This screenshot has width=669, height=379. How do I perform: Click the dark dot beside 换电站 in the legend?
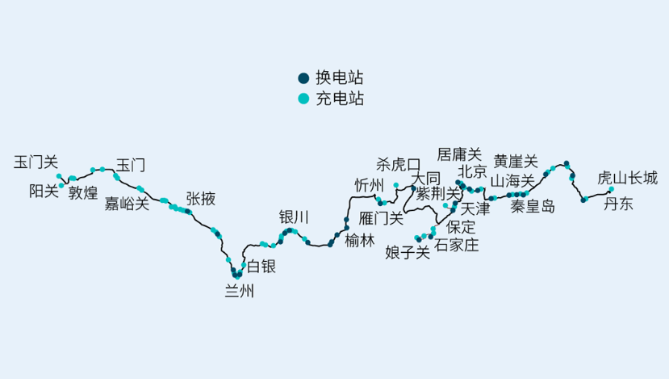click(303, 78)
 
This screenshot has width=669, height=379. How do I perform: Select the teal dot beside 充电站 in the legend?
click(303, 99)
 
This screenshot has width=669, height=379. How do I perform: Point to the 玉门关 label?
click(36, 162)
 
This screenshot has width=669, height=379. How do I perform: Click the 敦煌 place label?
click(83, 192)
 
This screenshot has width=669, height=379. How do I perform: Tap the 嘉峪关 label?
click(128, 204)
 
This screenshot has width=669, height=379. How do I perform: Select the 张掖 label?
click(200, 198)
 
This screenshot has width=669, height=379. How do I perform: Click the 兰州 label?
click(239, 292)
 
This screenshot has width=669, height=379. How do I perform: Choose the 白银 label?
click(261, 266)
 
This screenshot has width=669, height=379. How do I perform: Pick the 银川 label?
click(294, 217)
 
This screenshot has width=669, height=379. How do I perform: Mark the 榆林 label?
click(360, 240)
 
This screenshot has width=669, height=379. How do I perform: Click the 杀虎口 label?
click(399, 165)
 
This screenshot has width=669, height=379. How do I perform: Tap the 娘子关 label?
click(408, 252)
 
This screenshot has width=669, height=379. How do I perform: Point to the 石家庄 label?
click(457, 245)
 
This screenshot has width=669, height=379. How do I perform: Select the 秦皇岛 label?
click(533, 206)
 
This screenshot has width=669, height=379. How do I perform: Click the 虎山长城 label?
click(627, 178)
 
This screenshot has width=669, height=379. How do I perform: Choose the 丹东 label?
click(619, 204)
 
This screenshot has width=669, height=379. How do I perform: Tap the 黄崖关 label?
click(516, 161)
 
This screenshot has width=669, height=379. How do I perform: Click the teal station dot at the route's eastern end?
click(611, 190)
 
